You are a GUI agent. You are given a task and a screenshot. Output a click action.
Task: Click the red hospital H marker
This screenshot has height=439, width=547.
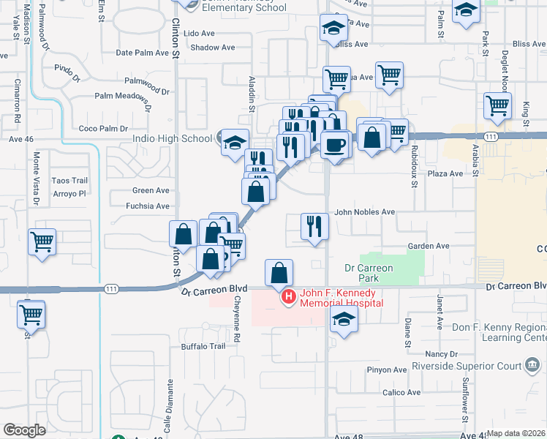tap(288, 297)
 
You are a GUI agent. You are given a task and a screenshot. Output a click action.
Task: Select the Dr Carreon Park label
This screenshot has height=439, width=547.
tap(369, 273)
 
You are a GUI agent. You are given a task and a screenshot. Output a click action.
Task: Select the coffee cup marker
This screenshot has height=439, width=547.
tap(336, 144)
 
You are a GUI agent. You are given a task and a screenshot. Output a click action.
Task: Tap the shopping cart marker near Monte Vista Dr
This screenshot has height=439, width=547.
tap(42, 241)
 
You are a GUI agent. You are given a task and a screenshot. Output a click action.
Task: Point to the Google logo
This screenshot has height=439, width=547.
tap(23, 430)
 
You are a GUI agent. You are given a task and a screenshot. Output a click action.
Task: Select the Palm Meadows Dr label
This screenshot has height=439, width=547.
tap(121, 95)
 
